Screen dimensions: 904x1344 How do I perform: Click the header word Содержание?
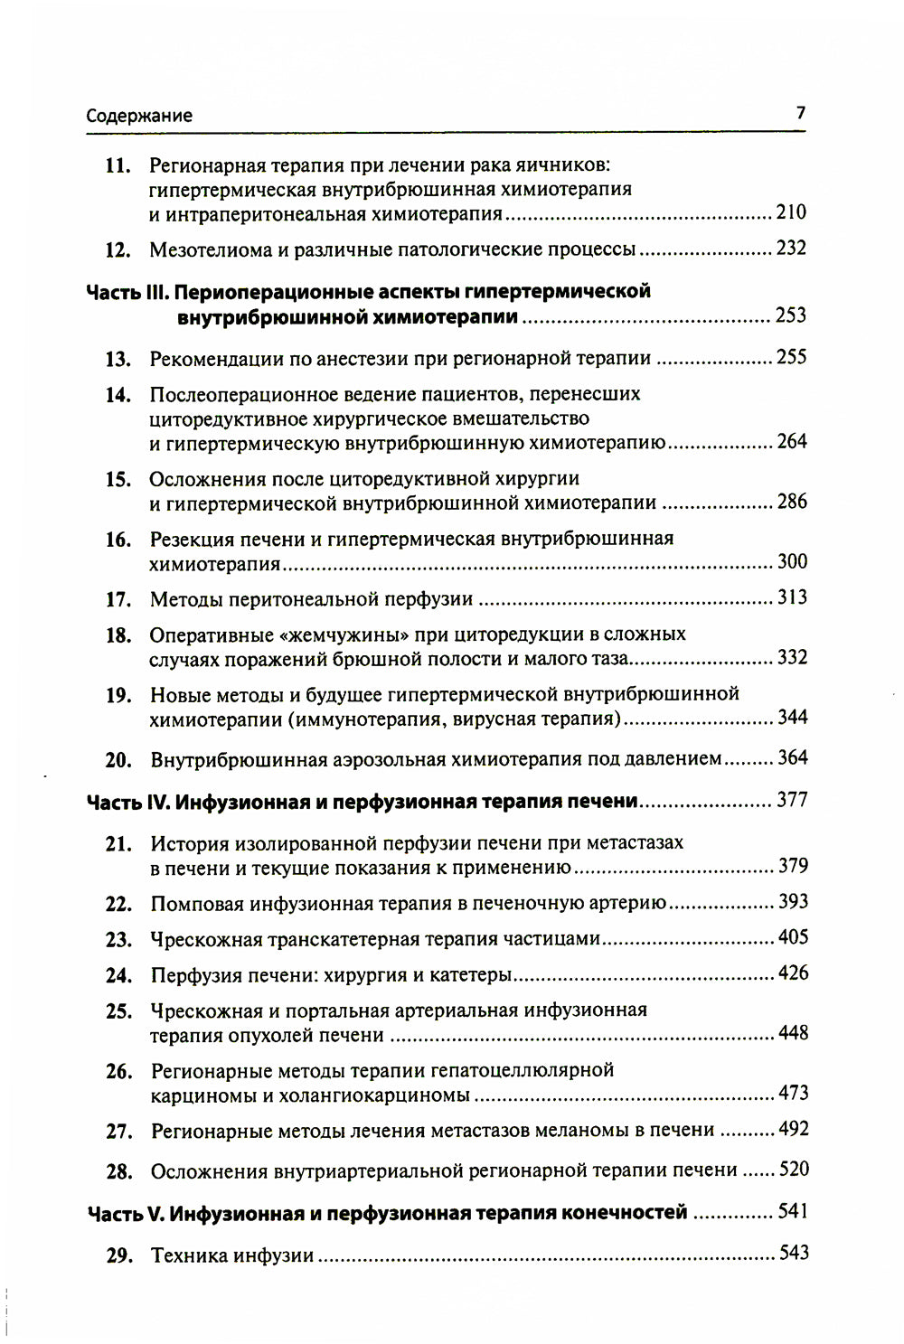click(139, 116)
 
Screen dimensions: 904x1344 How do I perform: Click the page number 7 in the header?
click(800, 113)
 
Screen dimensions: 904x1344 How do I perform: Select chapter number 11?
click(118, 166)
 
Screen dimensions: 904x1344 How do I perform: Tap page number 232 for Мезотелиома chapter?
click(791, 248)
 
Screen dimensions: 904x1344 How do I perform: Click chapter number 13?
click(118, 359)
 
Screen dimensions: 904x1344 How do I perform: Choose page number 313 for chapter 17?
click(792, 597)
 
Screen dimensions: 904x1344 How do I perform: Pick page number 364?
click(792, 757)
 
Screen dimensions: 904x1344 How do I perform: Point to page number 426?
click(793, 973)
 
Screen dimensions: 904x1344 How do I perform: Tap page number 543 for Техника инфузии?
click(793, 1253)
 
